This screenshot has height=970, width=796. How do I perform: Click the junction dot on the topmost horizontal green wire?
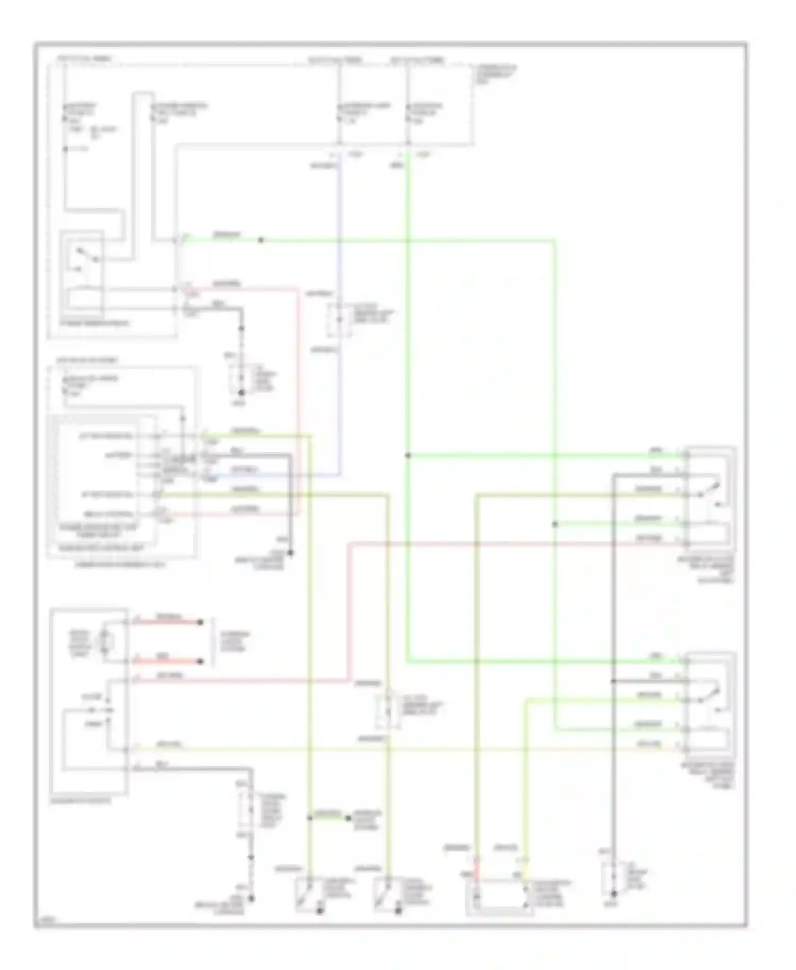point(261,240)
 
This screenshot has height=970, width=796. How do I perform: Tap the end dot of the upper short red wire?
point(200,622)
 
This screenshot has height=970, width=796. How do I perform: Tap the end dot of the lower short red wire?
point(200,662)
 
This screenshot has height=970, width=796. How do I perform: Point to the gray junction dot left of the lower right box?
point(613,681)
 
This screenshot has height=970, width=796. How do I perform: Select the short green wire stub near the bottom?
point(329,818)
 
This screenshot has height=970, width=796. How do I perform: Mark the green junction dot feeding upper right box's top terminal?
point(408,455)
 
